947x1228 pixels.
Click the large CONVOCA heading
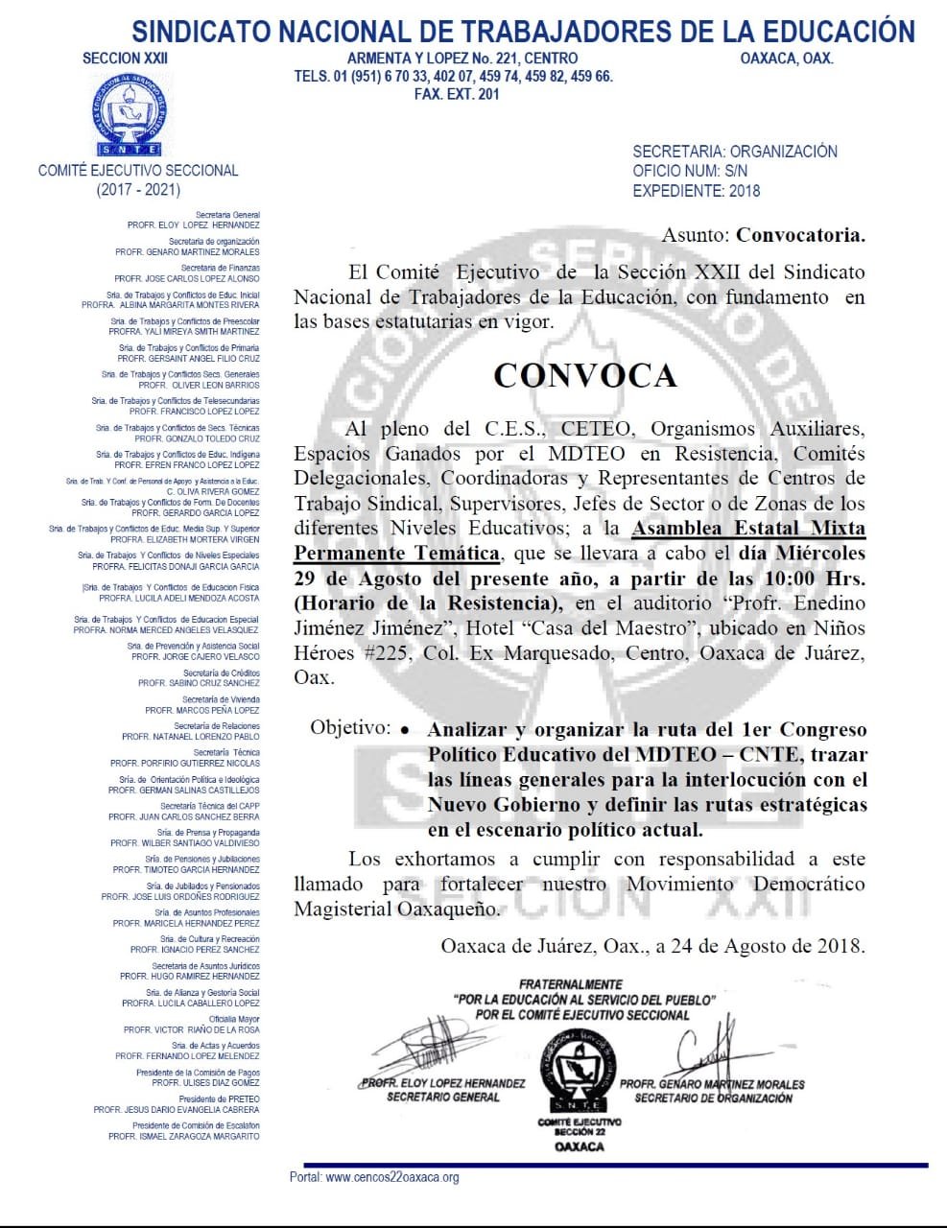[584, 375]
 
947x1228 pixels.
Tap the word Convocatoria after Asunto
[800, 234]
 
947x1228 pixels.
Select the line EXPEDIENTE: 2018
[696, 190]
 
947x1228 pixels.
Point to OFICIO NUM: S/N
[690, 171]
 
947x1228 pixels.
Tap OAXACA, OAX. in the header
[787, 58]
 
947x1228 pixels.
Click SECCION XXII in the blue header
[125, 58]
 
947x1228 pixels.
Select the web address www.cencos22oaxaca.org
[392, 1177]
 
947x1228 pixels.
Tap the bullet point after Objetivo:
[406, 730]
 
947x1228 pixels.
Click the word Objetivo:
[350, 728]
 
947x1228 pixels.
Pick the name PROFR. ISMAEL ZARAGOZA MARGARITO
[183, 1136]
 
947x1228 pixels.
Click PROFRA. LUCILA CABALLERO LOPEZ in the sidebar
[191, 1003]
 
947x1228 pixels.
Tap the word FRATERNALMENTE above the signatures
[570, 984]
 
